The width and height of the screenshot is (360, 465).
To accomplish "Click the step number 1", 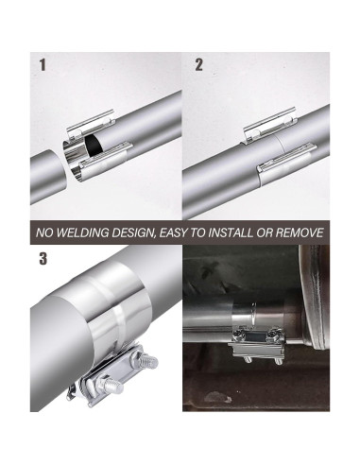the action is tap(43, 65).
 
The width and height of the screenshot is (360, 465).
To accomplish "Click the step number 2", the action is tap(198, 65).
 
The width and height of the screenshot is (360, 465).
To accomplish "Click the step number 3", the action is tap(43, 259).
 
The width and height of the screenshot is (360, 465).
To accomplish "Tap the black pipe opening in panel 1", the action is tap(94, 146).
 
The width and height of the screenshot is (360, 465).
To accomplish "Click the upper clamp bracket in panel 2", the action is tap(270, 123).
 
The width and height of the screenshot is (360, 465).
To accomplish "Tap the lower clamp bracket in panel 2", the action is tap(285, 157).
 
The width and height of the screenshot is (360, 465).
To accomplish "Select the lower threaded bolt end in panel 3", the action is tap(113, 387).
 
